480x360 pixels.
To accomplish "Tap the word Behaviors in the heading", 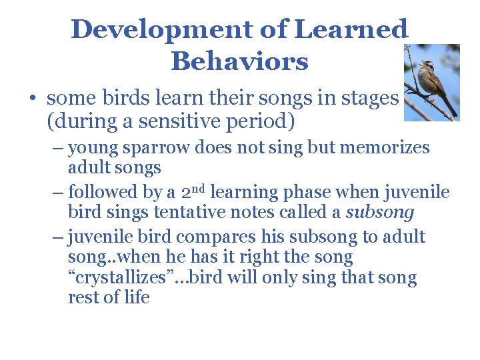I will click(x=239, y=61).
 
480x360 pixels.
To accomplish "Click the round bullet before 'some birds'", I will click(x=32, y=99).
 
